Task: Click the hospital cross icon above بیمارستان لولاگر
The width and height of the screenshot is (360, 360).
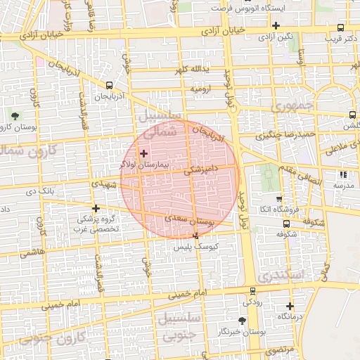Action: coord(144,153)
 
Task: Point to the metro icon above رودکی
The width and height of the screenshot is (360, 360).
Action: coord(252,291)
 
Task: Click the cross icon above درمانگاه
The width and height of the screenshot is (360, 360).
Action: coord(290,306)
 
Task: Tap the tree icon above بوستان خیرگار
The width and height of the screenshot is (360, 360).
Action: coord(242,320)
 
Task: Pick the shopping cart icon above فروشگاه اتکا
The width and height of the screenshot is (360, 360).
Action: coord(279,199)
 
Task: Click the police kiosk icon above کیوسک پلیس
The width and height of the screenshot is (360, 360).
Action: coord(195,236)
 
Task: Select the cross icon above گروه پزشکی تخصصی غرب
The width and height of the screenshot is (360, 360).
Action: coord(96,208)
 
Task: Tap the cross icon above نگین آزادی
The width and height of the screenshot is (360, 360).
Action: coord(276,25)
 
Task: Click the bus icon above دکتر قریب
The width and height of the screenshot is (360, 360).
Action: coord(341,27)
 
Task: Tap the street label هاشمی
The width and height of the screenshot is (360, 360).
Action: coord(31,251)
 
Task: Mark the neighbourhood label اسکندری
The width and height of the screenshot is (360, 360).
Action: coord(278,276)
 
